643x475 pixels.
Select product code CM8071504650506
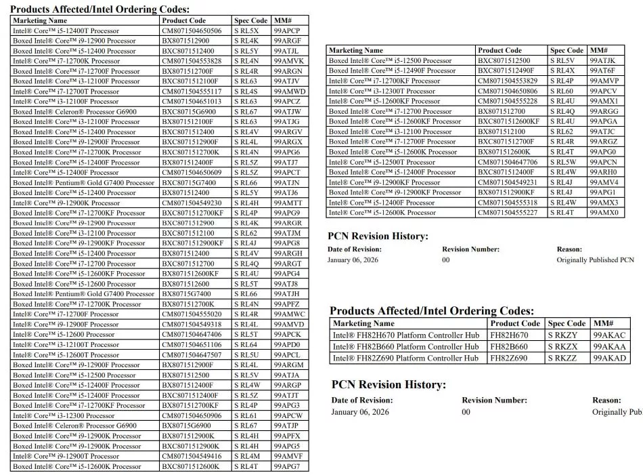pyautogui.click(x=192, y=30)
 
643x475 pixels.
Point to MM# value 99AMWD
pyautogui.click(x=290, y=91)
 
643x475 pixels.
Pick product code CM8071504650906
pyautogui.click(x=192, y=415)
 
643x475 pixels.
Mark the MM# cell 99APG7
pyautogui.click(x=286, y=466)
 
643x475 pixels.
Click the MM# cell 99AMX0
pyautogui.click(x=604, y=213)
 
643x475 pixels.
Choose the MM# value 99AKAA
pyautogui.click(x=609, y=347)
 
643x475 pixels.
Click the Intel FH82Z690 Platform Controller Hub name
pyautogui.click(x=405, y=358)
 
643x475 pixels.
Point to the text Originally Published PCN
pyautogui.click(x=595, y=260)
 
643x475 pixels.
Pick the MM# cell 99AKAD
pyautogui.click(x=609, y=358)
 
